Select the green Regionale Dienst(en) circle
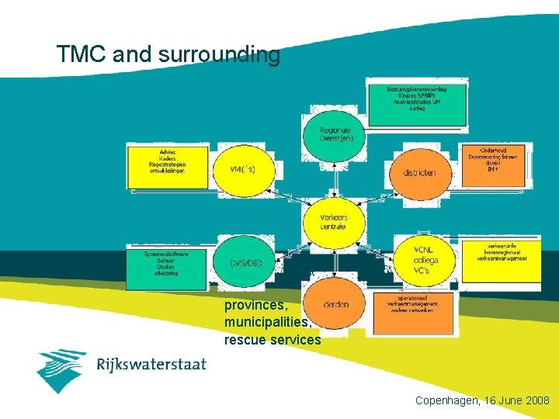(335, 133)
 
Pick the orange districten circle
(419, 172)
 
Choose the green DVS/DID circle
(246, 263)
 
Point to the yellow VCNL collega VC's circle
(425, 260)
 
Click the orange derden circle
(335, 304)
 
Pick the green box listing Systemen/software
(165, 264)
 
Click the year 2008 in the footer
(535, 401)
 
